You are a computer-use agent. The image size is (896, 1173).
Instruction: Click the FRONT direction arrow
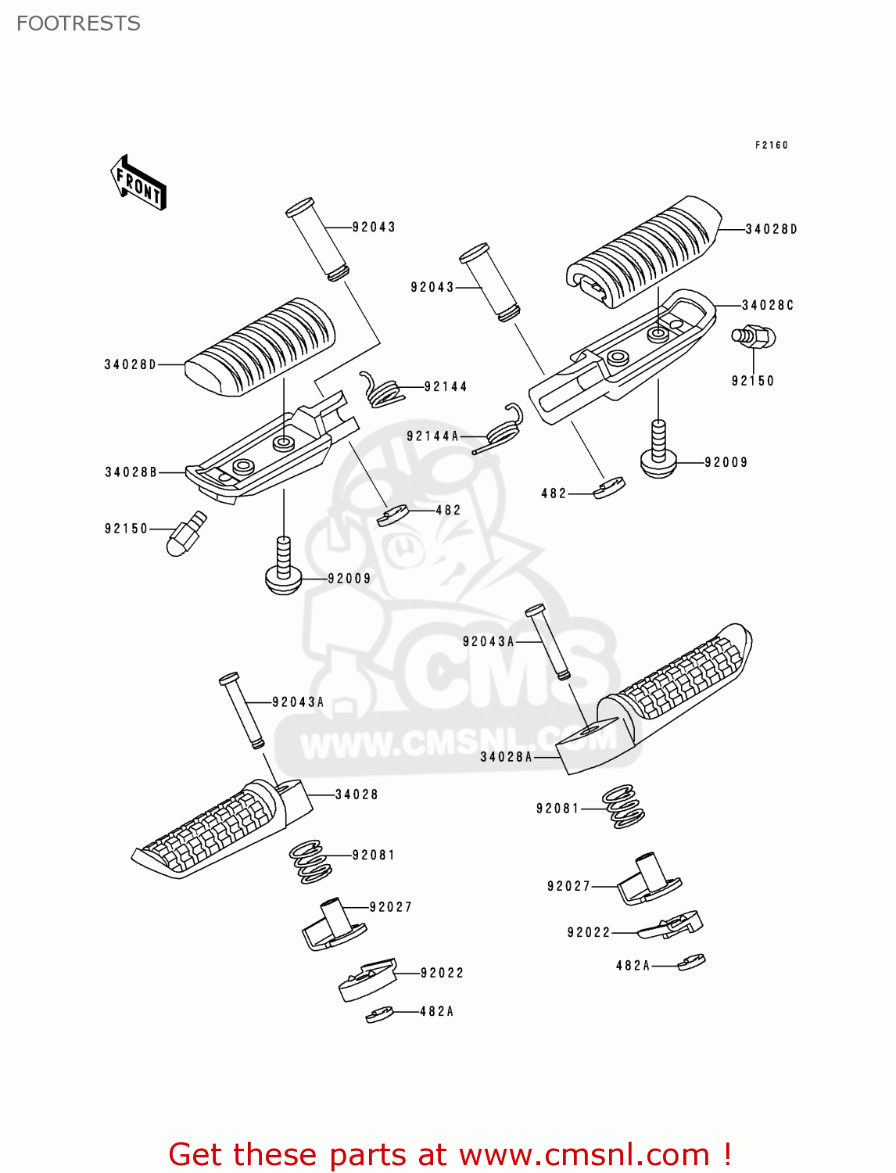point(139,183)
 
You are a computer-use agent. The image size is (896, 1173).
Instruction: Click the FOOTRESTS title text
point(78,23)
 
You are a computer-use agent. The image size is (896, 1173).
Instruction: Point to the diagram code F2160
point(771,145)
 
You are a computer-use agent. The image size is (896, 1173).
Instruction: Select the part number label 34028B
point(131,472)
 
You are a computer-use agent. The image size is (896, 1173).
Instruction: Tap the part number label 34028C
point(767,306)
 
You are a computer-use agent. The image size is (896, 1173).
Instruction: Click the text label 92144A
point(432,436)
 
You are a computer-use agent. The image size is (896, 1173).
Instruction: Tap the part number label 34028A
point(506,757)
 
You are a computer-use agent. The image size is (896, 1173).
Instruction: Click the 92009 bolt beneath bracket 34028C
point(658,454)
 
